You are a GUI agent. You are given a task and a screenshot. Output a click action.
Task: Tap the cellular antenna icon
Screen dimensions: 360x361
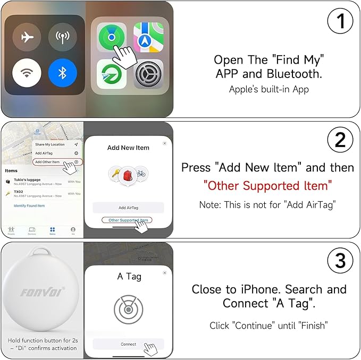click(63, 36)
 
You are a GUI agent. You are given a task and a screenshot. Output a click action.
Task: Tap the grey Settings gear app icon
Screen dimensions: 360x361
click(148, 74)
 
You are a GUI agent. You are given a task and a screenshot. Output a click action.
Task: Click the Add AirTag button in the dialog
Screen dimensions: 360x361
click(128, 208)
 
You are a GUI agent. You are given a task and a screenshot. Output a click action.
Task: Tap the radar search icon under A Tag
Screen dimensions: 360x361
click(128, 308)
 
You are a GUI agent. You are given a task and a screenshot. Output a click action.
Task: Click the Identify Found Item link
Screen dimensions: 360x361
click(29, 205)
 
